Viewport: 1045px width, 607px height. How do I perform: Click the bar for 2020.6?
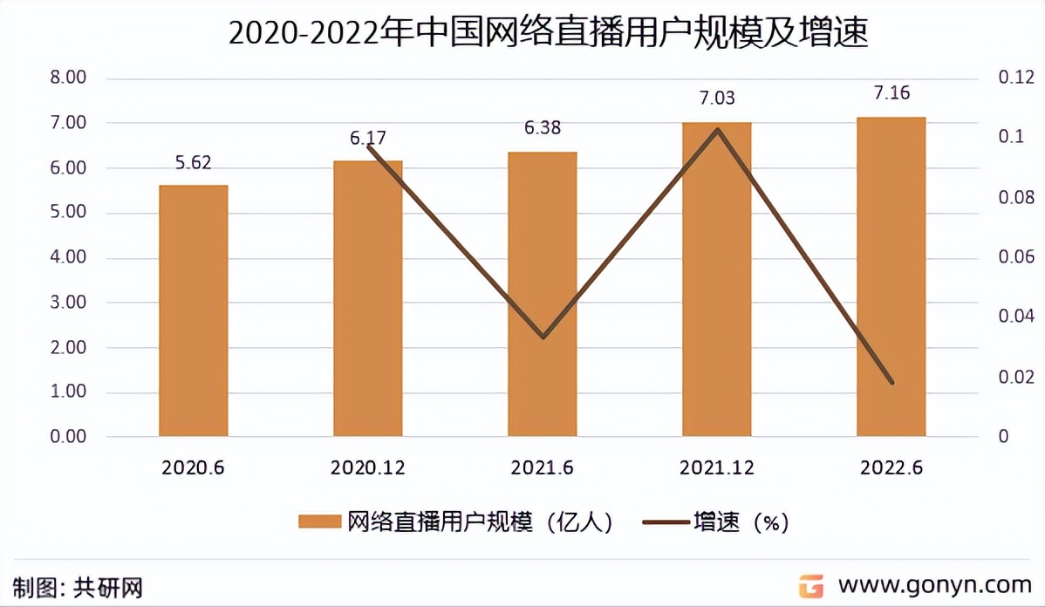click(193, 310)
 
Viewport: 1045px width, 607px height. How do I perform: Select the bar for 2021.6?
click(542, 294)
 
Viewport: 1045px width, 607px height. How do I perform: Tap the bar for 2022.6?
click(891, 276)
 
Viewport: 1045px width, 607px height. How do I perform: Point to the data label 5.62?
click(194, 162)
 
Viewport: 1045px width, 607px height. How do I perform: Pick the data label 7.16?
click(891, 93)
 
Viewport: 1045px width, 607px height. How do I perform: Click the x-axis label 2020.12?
click(367, 468)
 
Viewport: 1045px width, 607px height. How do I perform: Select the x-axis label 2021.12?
click(717, 468)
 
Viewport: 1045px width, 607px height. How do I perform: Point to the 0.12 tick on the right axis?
click(1015, 78)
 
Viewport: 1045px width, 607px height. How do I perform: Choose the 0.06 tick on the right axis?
click(1015, 257)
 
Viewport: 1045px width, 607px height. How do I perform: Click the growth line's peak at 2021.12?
click(717, 130)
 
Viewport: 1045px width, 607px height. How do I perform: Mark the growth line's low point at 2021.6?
click(543, 337)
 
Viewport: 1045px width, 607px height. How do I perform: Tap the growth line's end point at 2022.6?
click(891, 382)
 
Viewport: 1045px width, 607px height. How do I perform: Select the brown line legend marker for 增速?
click(665, 522)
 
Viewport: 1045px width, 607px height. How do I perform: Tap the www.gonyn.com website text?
click(934, 584)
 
